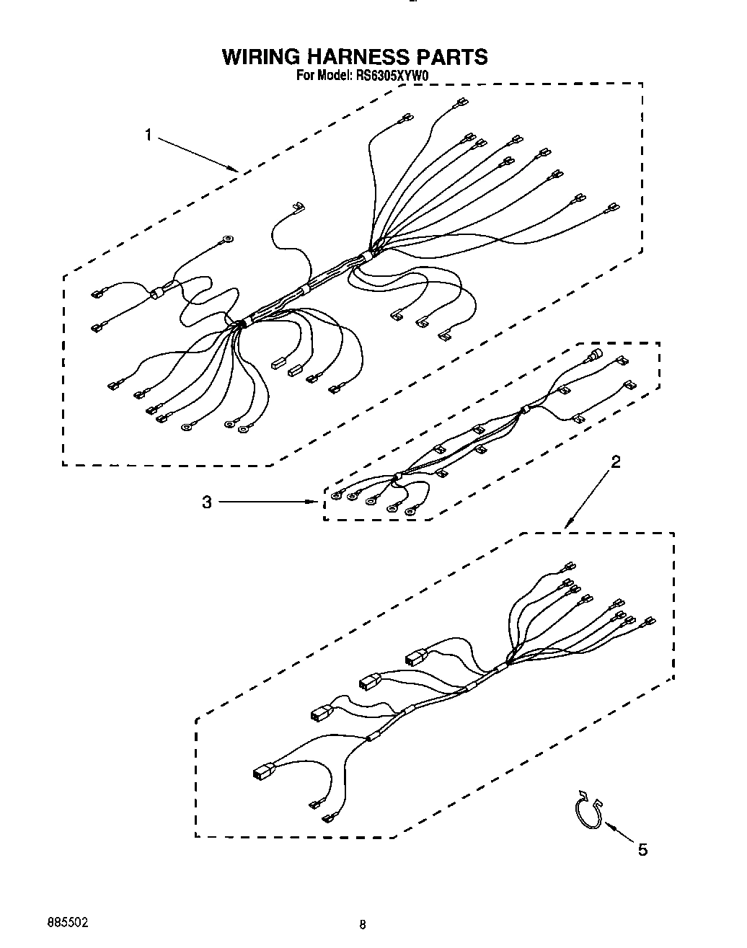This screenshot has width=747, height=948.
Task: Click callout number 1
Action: tap(148, 135)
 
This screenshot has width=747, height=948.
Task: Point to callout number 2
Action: tap(615, 462)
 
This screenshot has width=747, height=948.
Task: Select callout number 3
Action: tap(207, 502)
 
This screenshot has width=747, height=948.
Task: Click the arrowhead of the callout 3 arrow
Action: tap(316, 502)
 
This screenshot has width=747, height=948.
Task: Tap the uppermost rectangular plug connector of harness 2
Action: tap(416, 657)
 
